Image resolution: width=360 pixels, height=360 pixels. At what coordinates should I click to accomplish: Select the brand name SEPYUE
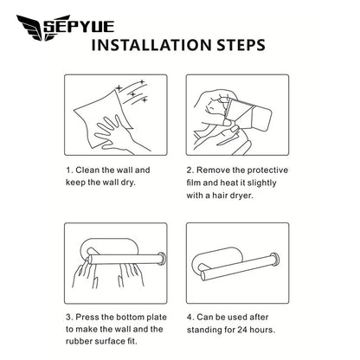coord(80,27)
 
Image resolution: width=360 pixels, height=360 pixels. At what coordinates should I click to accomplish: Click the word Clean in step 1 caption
coord(87,170)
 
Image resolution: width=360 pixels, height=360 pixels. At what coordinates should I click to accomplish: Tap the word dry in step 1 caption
coord(127,183)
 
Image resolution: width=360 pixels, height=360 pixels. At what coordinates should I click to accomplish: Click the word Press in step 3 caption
coord(87,318)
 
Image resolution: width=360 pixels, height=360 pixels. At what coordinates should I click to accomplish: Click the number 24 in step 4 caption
coord(242,330)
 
